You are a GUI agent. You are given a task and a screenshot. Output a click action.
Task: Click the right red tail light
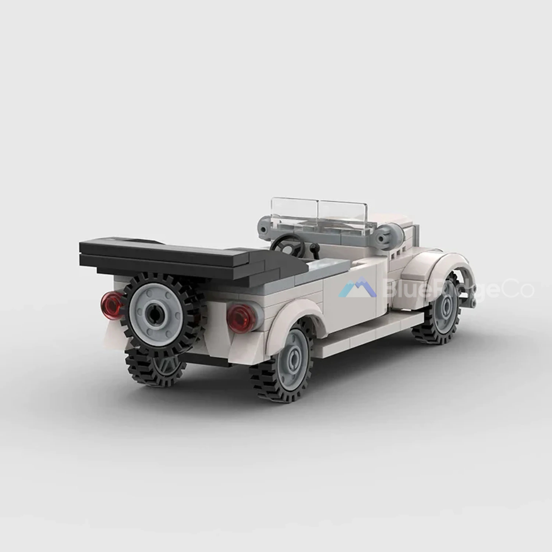[241, 318]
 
